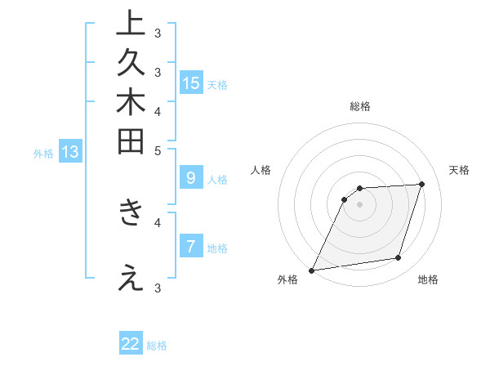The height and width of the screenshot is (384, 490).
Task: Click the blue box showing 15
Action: point(191,83)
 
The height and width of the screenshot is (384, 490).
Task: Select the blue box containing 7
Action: point(191,246)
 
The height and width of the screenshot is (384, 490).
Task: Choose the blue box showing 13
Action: point(70,152)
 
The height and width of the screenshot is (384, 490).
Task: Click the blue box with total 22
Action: point(131,344)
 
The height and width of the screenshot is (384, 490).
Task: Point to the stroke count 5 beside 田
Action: point(158,150)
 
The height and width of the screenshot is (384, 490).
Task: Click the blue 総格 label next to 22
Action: point(157,346)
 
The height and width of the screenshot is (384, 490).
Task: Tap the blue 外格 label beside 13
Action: point(43,153)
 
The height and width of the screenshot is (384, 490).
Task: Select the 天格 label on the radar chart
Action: point(459,170)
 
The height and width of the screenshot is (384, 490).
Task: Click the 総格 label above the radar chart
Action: point(360,106)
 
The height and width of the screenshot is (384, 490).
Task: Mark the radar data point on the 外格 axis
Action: point(312,270)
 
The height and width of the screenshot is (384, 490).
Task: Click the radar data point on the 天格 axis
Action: point(421,184)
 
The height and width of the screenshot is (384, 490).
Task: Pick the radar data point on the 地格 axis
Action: point(399,258)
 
